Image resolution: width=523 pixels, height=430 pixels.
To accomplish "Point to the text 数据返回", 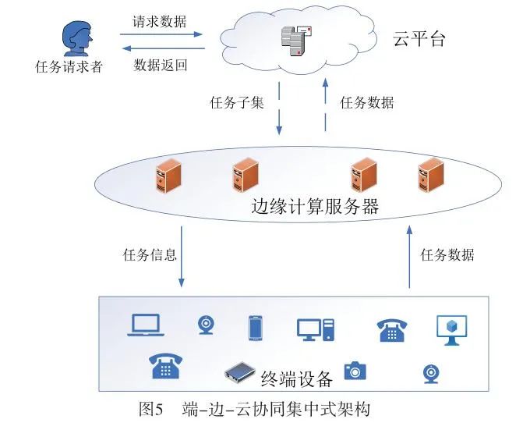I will coord(161,64).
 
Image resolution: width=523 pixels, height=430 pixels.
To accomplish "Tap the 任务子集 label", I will coord(237,103).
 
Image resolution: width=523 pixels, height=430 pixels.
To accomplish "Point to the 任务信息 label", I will coord(150,255).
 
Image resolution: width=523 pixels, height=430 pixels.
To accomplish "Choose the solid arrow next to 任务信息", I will coord(182,257).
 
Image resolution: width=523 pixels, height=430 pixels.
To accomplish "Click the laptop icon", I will coord(144,325).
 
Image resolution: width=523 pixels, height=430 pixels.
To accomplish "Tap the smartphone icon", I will coord(255,328).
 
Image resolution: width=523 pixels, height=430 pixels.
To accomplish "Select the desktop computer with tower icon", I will coord(316,329).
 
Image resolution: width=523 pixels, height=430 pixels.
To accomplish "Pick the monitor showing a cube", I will coord(451,329).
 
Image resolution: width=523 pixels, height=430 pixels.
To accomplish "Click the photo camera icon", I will coord(355,370).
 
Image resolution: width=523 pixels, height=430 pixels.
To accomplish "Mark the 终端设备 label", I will coord(297,379).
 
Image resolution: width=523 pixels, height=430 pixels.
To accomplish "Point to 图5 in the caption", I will coord(150,409).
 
